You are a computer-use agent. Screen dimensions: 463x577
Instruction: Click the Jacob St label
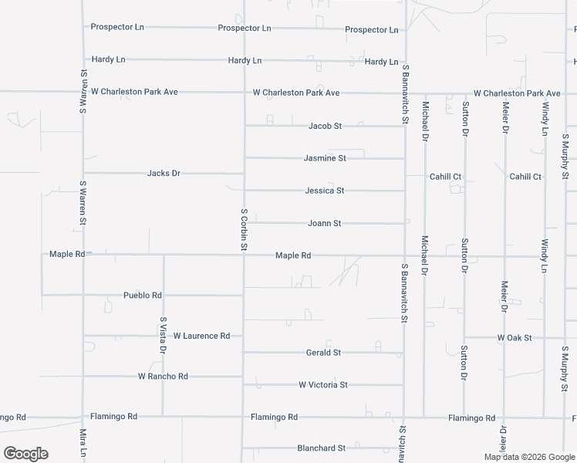[325, 125]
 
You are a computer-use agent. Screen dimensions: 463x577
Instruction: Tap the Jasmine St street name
[325, 158]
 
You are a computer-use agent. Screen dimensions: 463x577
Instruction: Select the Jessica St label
[324, 190]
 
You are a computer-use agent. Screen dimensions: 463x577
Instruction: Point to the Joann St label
[324, 223]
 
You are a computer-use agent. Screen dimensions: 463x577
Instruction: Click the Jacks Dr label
[164, 173]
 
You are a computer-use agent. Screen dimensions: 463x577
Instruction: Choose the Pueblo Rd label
[143, 295]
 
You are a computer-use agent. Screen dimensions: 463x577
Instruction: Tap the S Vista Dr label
[163, 334]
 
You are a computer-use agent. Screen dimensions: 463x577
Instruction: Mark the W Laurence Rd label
[201, 336]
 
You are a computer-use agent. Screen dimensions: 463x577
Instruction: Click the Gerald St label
[323, 353]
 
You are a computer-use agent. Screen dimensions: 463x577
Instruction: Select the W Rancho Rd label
[163, 377]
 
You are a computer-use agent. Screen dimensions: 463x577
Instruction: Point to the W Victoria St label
[323, 384]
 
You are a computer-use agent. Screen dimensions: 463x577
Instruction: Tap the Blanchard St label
[321, 448]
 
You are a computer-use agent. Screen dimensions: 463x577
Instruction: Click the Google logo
[25, 454]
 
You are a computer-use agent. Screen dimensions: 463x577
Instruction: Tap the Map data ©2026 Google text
[529, 457]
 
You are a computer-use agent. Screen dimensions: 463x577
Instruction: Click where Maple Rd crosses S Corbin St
[245, 255]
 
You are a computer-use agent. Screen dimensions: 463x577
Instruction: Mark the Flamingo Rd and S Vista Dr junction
[163, 417]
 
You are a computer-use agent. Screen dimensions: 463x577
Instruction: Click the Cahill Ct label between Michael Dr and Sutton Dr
[445, 177]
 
